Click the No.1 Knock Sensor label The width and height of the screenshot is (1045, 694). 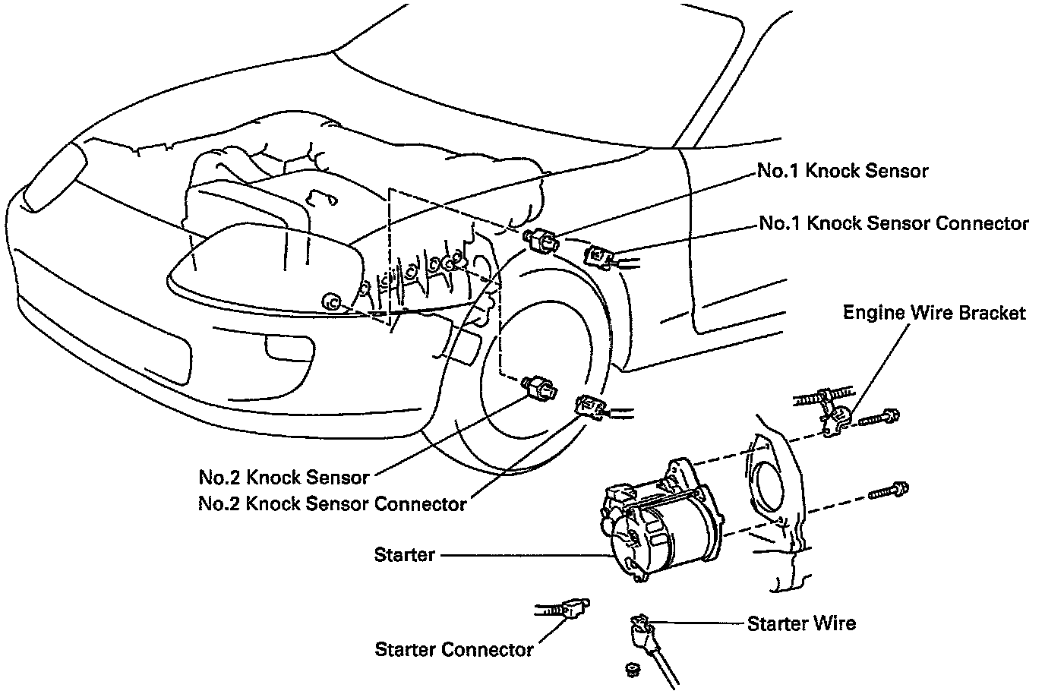(x=842, y=171)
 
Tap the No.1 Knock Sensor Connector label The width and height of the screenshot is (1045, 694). (x=894, y=223)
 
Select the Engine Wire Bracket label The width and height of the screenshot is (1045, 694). (x=934, y=313)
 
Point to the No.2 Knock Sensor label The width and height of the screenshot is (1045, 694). (x=284, y=478)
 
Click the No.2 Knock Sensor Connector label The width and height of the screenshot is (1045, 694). (x=332, y=503)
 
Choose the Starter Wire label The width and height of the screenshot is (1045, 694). (x=801, y=623)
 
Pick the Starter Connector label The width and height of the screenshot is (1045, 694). (x=454, y=650)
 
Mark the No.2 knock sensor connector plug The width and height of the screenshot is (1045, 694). (x=590, y=407)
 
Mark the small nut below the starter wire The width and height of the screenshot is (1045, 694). (x=630, y=668)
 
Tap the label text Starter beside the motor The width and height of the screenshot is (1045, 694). (x=404, y=555)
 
